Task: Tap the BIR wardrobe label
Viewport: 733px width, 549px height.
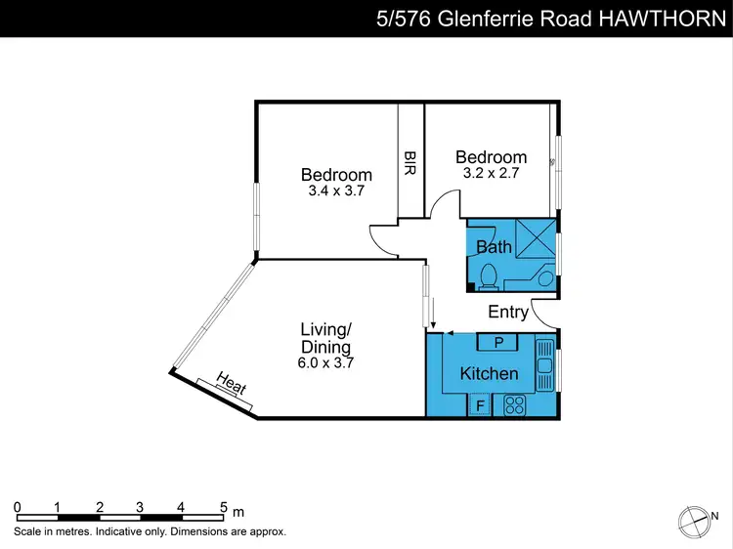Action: pyautogui.click(x=410, y=161)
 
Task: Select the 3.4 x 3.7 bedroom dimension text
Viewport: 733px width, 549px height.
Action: pyautogui.click(x=335, y=191)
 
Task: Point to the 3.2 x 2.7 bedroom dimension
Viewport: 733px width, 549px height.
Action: pyautogui.click(x=491, y=173)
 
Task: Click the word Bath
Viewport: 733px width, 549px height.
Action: pyautogui.click(x=495, y=247)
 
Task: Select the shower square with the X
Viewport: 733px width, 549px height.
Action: pyautogui.click(x=536, y=237)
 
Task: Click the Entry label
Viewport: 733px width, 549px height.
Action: pyautogui.click(x=508, y=313)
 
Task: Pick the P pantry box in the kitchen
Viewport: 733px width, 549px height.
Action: pyautogui.click(x=498, y=342)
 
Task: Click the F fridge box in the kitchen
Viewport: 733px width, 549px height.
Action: pyautogui.click(x=479, y=405)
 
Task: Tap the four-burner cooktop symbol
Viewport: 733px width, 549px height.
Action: pyautogui.click(x=515, y=405)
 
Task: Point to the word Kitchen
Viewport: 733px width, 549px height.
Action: pyautogui.click(x=489, y=374)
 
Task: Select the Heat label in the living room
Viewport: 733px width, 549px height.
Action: pyautogui.click(x=231, y=384)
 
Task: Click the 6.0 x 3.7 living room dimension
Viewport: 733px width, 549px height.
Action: pyautogui.click(x=325, y=362)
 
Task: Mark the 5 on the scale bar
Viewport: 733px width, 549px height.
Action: pyautogui.click(x=223, y=507)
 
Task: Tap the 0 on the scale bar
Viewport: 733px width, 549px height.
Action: pyautogui.click(x=18, y=507)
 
